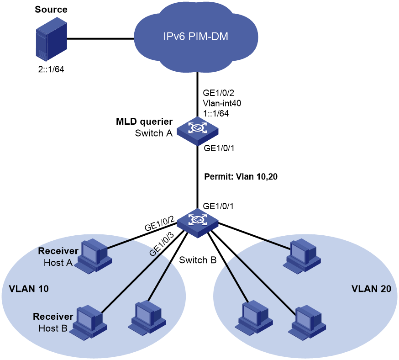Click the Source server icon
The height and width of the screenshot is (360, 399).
point(52,39)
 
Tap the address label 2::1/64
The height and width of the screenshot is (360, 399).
point(51,69)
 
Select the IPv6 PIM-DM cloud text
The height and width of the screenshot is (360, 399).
point(196,37)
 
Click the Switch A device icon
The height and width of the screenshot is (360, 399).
point(198,131)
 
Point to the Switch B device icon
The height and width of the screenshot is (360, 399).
point(198,223)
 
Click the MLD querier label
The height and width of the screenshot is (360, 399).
point(144,122)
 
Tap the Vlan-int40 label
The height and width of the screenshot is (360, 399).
point(222,103)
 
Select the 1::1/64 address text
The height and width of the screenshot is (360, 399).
point(216,113)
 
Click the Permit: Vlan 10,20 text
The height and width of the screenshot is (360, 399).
point(241,176)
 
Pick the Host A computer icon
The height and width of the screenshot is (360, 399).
point(94,256)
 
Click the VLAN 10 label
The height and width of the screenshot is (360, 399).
point(29,289)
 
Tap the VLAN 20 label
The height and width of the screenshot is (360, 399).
point(371,289)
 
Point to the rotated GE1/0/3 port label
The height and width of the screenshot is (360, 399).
point(162,244)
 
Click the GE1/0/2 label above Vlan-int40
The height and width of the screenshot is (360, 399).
point(218,93)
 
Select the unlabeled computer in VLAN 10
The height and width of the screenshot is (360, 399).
point(147,317)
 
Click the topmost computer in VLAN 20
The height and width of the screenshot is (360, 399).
point(302,256)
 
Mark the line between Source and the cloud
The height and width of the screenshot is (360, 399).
point(101,39)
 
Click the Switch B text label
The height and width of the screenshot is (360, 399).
point(198,260)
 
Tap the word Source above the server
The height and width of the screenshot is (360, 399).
point(51,10)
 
